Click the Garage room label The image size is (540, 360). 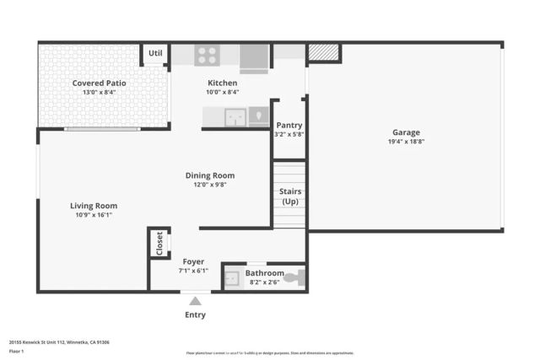click(x=405, y=132)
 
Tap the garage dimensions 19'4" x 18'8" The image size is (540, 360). click(x=405, y=142)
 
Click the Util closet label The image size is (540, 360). click(x=155, y=53)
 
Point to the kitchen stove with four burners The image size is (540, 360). click(x=207, y=55)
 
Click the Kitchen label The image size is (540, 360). click(x=223, y=83)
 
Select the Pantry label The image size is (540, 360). click(x=289, y=125)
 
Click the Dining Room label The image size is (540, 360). click(x=210, y=175)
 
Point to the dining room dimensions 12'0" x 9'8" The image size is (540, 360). click(x=210, y=185)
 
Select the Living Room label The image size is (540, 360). click(x=94, y=205)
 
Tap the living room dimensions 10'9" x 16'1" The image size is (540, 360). click(x=94, y=215)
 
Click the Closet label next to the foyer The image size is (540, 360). click(x=159, y=243)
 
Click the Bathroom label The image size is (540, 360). click(x=264, y=273)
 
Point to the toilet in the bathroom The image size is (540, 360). click(x=294, y=277)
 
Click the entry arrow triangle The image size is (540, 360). click(x=195, y=301)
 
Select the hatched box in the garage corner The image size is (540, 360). click(x=323, y=53)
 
